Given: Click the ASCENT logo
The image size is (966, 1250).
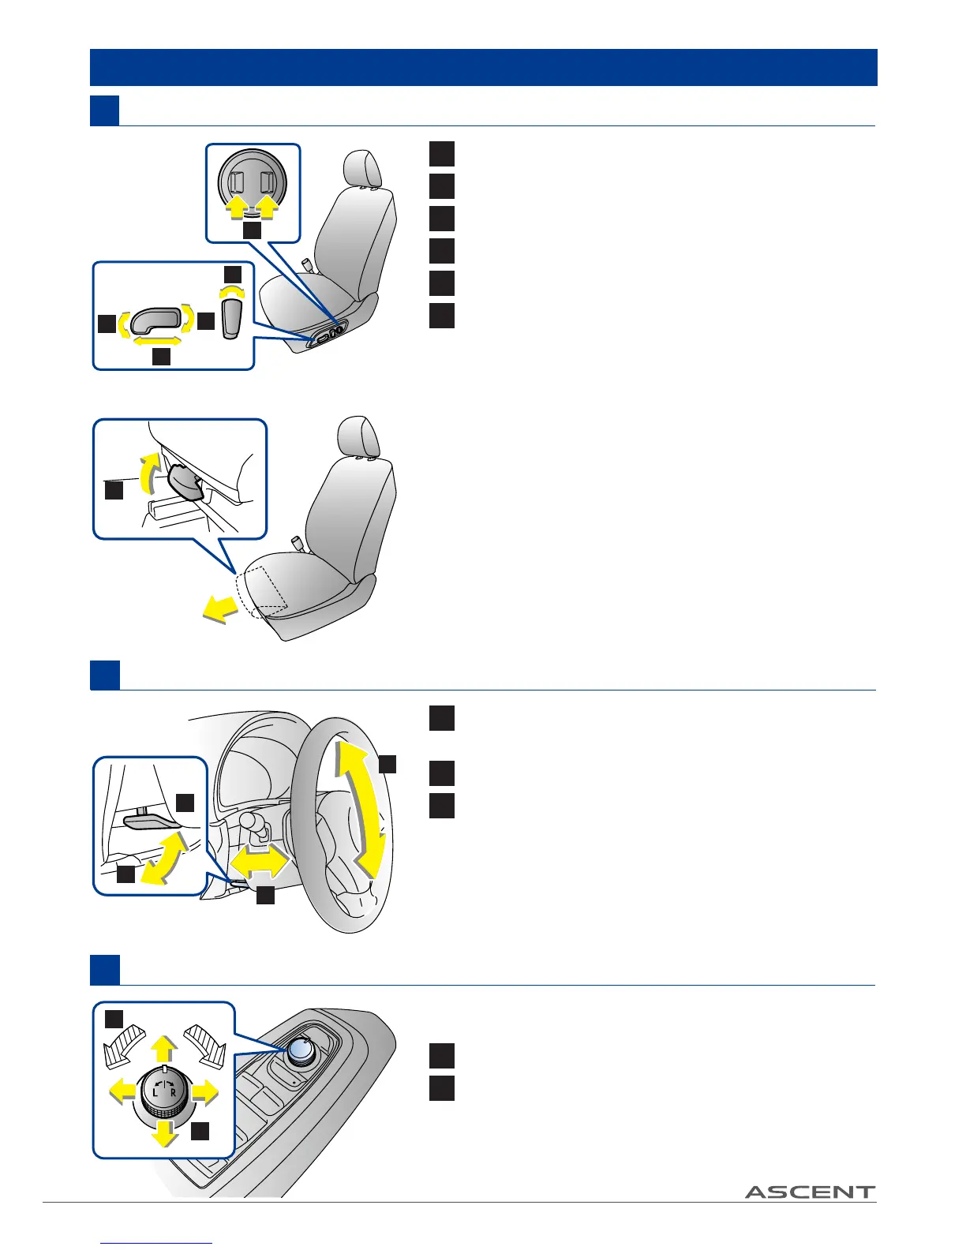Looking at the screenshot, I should tap(810, 1192).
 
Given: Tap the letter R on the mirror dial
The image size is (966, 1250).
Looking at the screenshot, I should tap(174, 1093).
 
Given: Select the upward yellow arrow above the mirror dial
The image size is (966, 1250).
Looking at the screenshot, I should tap(163, 1049).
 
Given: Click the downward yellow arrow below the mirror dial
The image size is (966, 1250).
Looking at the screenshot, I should tap(164, 1132).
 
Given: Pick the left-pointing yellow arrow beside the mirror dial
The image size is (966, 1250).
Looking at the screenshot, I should tap(122, 1091).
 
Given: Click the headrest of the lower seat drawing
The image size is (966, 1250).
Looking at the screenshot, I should tap(358, 437).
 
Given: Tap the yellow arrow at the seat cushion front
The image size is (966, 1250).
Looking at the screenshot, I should tap(220, 608).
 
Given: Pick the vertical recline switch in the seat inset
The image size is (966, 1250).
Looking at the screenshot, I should tap(230, 320).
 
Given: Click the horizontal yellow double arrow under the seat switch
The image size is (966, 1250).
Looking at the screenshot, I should tap(157, 342).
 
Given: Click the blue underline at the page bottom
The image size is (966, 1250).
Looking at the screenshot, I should tap(157, 1244).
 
